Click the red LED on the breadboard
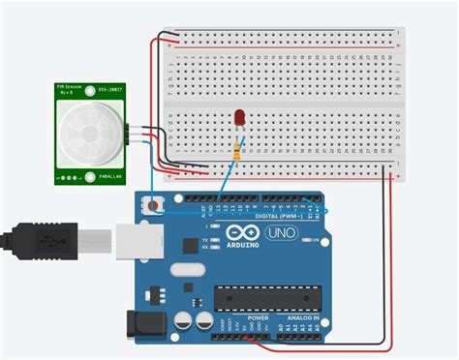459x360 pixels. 237,118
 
